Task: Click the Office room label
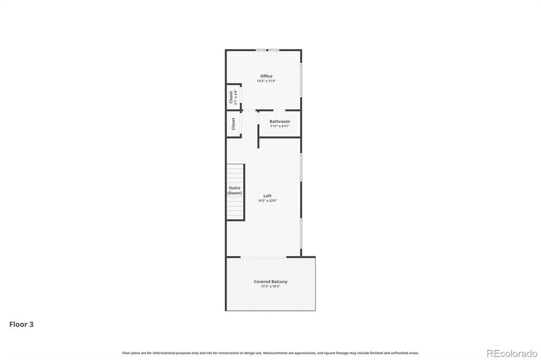pos(266,76)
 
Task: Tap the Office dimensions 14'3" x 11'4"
pos(266,81)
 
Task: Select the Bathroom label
pos(279,121)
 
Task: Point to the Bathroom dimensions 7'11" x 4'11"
pos(279,126)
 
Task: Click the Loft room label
pos(267,196)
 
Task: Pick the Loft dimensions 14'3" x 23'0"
pos(267,200)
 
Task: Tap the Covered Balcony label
pos(271,281)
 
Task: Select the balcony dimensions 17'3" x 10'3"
pos(271,286)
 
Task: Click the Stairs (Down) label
pos(235,191)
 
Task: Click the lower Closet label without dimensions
pos(233,124)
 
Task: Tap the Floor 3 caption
pos(21,325)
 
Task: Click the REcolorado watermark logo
pos(511,352)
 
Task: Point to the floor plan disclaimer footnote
pos(270,353)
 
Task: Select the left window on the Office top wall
pos(261,50)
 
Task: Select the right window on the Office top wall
pos(274,50)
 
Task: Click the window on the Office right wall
pos(301,79)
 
